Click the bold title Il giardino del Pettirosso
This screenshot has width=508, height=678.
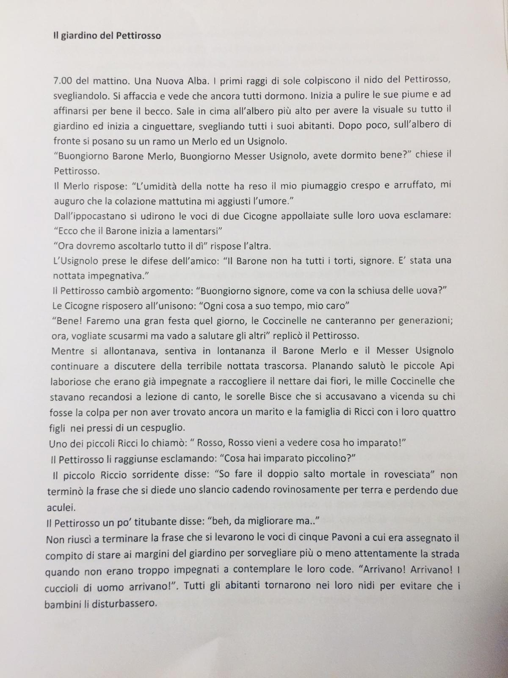pos(107,36)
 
